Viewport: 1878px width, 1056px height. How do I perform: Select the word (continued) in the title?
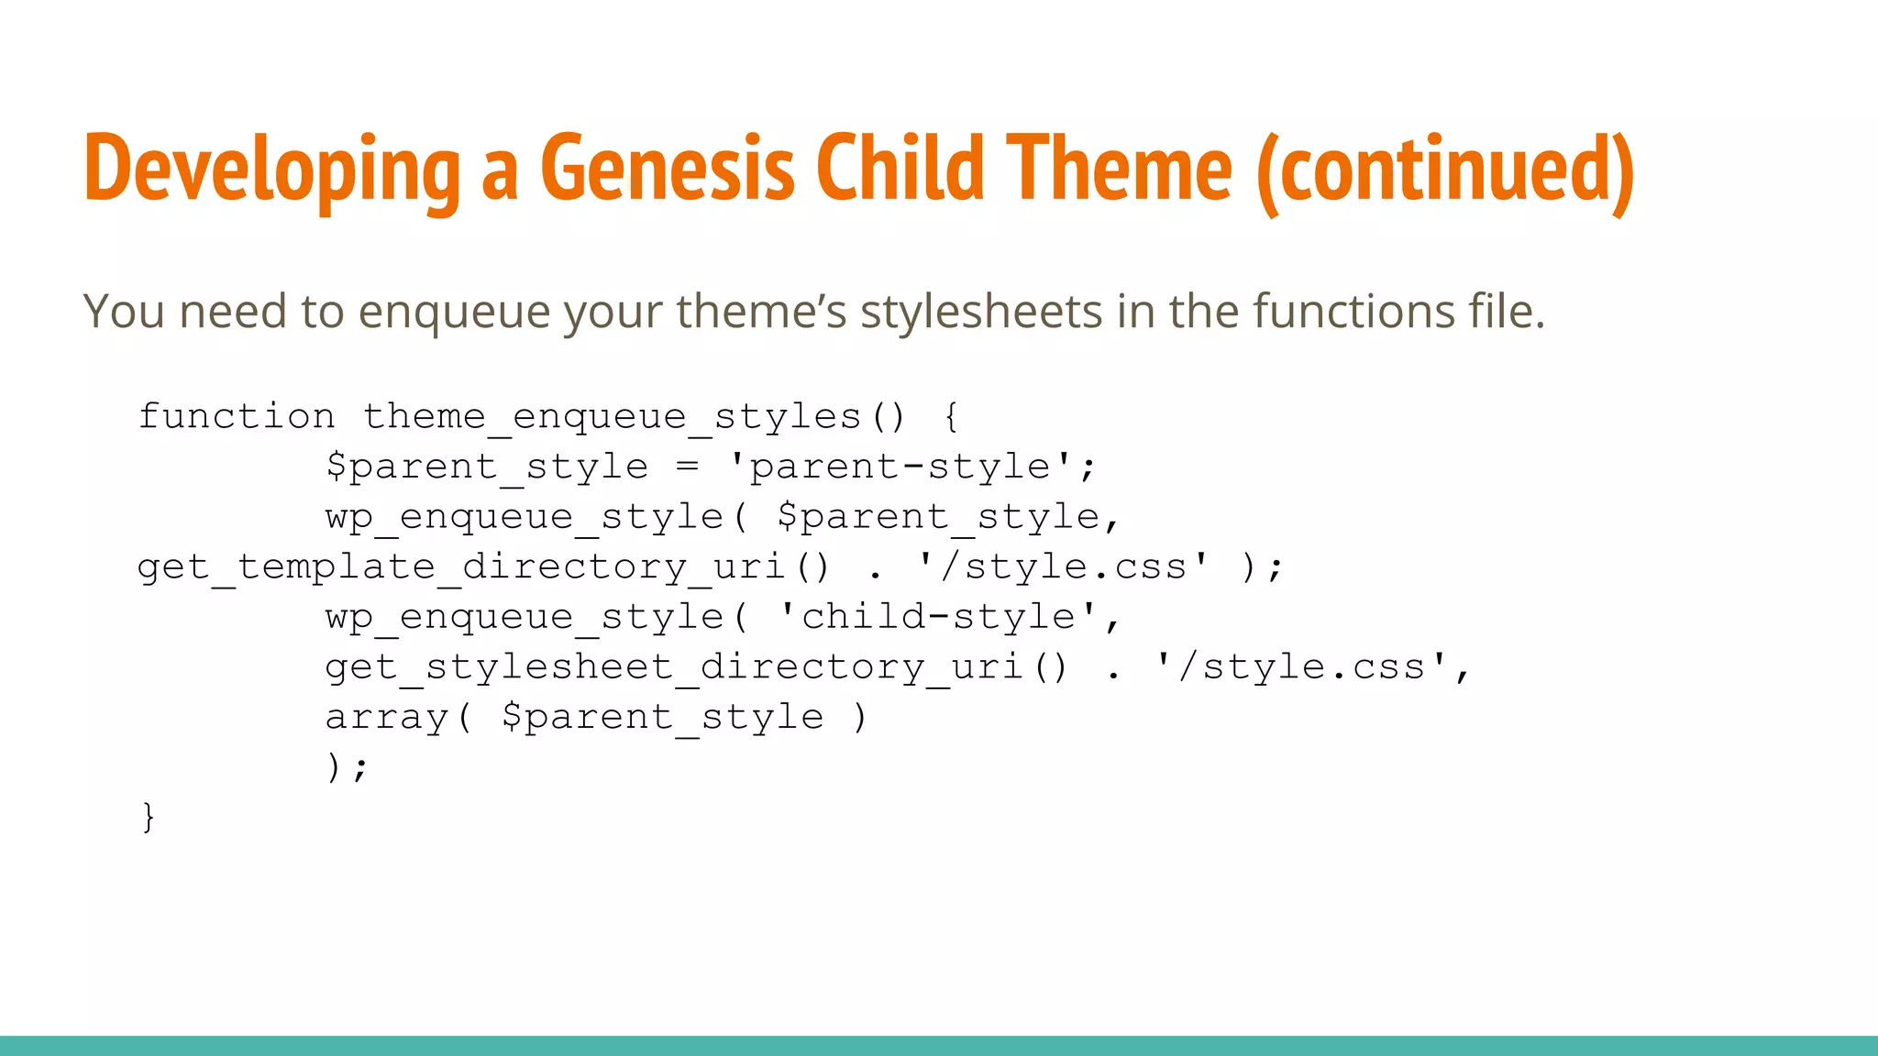click(1444, 170)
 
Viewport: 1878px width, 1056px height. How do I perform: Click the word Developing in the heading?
click(271, 170)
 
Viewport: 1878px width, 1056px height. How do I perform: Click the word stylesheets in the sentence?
click(980, 311)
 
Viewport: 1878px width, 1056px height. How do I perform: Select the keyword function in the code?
click(237, 416)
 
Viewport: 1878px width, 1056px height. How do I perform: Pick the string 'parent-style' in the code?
click(900, 467)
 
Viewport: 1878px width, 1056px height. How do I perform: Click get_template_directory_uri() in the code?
click(483, 566)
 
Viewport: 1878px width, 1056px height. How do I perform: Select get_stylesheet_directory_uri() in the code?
click(696, 666)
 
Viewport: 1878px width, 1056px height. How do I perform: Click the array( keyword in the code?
click(398, 717)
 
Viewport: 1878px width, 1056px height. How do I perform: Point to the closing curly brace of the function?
click(148, 816)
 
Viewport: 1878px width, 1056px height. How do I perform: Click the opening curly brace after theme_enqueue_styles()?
click(951, 417)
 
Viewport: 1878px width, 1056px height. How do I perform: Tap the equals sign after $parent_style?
click(687, 467)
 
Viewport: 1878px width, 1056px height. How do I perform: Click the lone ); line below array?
click(347, 766)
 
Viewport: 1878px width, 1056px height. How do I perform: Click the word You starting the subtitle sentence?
click(123, 311)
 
